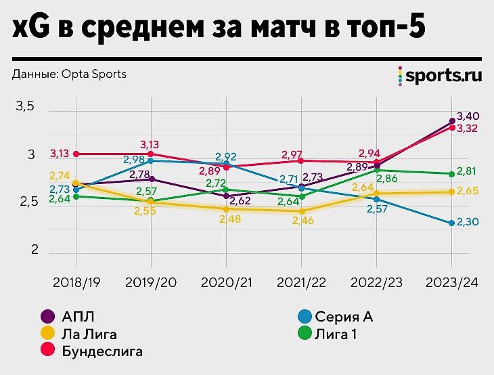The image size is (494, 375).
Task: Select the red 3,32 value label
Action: (468, 129)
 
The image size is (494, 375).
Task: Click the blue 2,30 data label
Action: (468, 223)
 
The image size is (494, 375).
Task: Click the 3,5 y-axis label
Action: (25, 107)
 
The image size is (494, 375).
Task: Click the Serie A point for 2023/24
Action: (451, 223)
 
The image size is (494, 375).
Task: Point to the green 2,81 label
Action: (468, 172)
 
